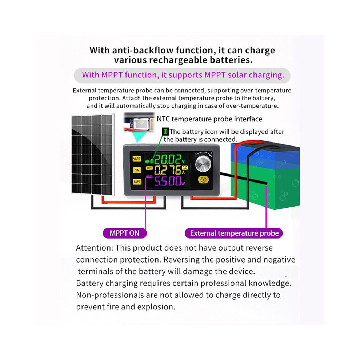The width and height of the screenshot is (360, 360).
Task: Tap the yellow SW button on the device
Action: click(137, 170)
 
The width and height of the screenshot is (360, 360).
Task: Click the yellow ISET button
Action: click(137, 181)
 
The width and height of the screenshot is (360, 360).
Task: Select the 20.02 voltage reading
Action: click(168, 159)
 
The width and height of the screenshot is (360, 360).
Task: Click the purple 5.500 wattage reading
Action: click(168, 181)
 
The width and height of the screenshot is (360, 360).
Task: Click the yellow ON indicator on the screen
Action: click(149, 168)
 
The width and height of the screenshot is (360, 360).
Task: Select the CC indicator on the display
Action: click(185, 168)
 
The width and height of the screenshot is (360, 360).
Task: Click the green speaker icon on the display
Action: click(147, 161)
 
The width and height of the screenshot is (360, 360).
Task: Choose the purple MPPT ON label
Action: click(124, 233)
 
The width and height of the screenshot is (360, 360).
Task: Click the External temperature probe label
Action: click(234, 233)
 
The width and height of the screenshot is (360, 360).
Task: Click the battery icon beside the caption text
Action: click(165, 132)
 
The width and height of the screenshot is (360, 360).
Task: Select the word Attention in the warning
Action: click(95, 248)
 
